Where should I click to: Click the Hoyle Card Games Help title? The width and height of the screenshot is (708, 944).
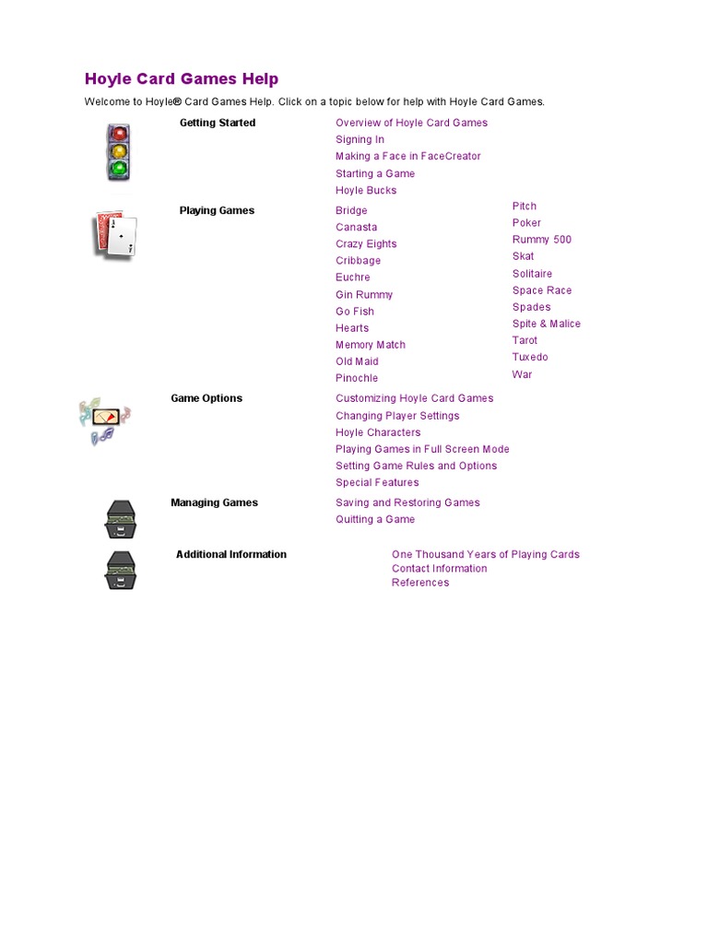[x=182, y=79]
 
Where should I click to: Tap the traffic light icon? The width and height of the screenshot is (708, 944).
[x=118, y=152]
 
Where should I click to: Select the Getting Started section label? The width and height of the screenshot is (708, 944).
[x=218, y=123]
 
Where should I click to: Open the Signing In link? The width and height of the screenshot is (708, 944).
[x=360, y=140]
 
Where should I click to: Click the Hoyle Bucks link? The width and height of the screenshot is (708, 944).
[x=366, y=191]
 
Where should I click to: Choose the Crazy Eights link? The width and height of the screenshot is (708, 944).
[x=366, y=244]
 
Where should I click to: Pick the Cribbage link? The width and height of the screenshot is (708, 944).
[x=358, y=261]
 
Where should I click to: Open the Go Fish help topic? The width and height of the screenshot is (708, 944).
[x=355, y=312]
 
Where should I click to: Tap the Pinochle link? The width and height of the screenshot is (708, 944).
[x=357, y=378]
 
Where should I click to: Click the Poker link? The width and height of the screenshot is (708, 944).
[x=526, y=223]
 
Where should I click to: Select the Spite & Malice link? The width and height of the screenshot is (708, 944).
[x=547, y=324]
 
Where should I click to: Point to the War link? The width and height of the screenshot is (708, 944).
[x=522, y=374]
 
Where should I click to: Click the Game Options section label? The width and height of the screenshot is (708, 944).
[x=206, y=398]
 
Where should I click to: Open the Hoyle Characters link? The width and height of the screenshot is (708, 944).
[x=378, y=432]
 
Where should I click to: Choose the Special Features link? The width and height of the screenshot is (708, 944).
[x=377, y=483]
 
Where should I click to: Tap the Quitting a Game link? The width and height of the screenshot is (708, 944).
[x=375, y=520]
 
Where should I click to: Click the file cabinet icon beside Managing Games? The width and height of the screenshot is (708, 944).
[x=120, y=520]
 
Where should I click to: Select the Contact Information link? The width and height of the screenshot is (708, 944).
[x=439, y=569]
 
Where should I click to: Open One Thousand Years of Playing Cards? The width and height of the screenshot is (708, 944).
[x=485, y=554]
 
